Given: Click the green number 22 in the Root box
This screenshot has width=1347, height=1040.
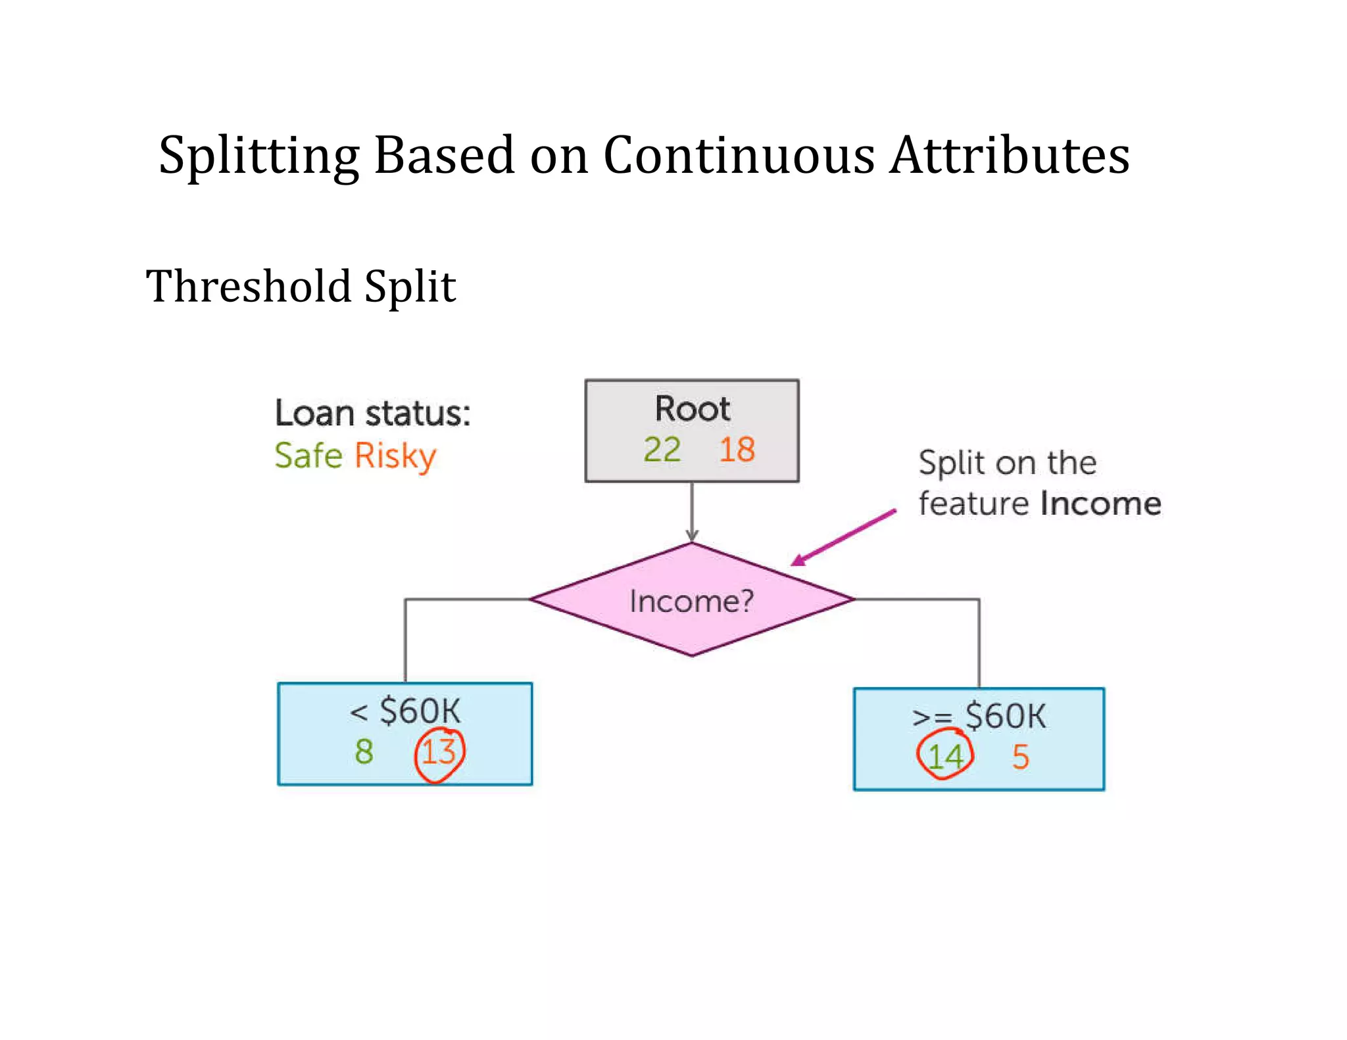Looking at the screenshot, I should (x=662, y=450).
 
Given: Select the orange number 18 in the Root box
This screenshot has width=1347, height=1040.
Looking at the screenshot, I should (x=737, y=450).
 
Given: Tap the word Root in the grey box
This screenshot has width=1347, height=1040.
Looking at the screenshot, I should (x=692, y=409).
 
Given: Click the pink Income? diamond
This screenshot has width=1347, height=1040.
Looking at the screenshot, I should (x=691, y=600).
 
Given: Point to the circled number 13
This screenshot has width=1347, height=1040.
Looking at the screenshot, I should (x=439, y=753).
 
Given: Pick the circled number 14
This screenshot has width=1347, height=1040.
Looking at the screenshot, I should (x=944, y=757).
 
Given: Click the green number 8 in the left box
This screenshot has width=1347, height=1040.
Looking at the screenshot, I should (x=364, y=751).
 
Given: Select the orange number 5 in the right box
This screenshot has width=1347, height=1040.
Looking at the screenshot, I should (x=1020, y=757).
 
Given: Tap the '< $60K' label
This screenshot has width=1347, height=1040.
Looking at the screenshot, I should (x=405, y=712).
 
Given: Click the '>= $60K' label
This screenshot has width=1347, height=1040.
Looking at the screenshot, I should (x=979, y=717).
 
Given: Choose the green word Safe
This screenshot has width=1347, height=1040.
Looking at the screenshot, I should (x=308, y=456).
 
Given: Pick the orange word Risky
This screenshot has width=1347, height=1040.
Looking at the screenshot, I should (x=395, y=457).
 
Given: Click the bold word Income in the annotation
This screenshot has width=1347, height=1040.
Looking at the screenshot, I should (x=1100, y=504).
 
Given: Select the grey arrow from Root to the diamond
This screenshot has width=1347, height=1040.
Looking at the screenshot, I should (x=692, y=511).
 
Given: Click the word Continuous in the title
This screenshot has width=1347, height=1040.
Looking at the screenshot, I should (x=739, y=156).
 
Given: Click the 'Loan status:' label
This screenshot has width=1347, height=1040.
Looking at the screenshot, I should (x=372, y=414).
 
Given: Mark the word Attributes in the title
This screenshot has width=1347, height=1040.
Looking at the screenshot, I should (x=1010, y=156).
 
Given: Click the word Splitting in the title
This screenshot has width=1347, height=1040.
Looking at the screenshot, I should (x=259, y=156).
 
